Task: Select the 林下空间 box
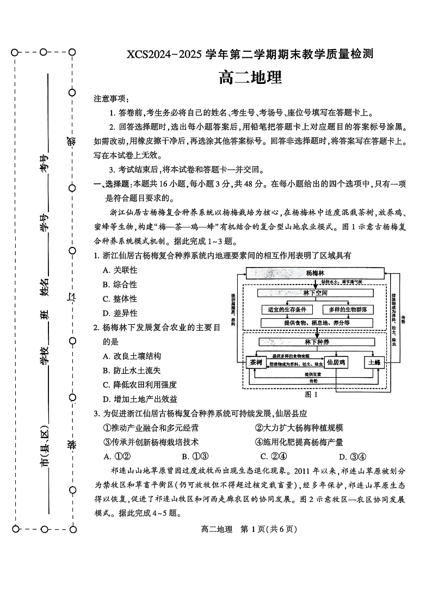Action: pyautogui.click(x=316, y=293)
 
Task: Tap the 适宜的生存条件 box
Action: pyautogui.click(x=287, y=309)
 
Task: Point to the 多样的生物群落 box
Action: pyautogui.click(x=348, y=309)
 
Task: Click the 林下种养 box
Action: pyautogui.click(x=316, y=342)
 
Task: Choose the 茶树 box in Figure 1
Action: pyautogui.click(x=255, y=362)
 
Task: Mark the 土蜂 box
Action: pyautogui.click(x=374, y=362)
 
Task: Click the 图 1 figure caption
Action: pyautogui.click(x=311, y=394)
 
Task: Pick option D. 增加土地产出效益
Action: pyautogui.click(x=139, y=399)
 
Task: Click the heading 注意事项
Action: pyautogui.click(x=112, y=99)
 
